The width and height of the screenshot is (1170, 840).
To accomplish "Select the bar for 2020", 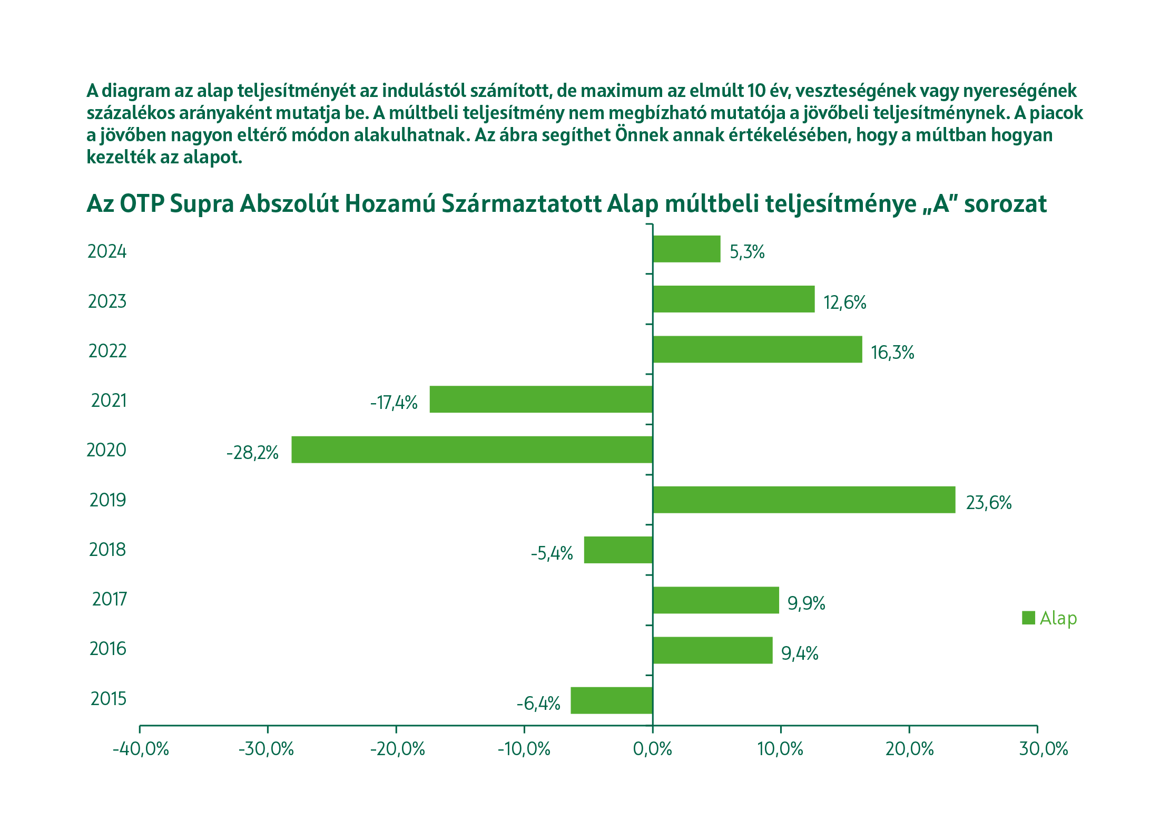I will click(472, 450).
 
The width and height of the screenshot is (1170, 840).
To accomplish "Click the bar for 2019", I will click(804, 500).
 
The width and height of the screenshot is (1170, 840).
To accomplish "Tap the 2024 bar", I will click(686, 249).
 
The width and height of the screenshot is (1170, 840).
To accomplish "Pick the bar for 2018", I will click(618, 550).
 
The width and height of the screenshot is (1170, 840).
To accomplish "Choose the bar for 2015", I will click(612, 700).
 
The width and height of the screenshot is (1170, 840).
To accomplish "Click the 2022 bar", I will click(758, 349).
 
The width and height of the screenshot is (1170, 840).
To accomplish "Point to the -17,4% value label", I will click(394, 403).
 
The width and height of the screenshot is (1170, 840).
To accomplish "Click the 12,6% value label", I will click(845, 302).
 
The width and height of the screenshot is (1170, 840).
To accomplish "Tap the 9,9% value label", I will click(806, 603).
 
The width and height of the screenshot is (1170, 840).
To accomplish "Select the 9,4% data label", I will click(800, 653).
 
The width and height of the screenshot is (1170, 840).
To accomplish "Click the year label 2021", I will click(109, 401).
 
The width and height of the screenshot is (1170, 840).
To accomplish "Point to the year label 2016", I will click(108, 649).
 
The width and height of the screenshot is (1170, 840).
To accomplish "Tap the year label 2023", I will click(107, 301).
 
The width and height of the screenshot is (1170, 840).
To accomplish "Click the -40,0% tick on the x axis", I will click(141, 749).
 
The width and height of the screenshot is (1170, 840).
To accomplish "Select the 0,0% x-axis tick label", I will click(653, 749).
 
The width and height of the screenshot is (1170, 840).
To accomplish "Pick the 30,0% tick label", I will click(1044, 749).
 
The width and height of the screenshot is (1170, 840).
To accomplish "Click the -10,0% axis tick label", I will click(524, 749).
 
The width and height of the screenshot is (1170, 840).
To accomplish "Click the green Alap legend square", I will click(1028, 618).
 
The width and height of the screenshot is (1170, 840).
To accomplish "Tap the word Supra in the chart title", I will click(202, 204).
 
